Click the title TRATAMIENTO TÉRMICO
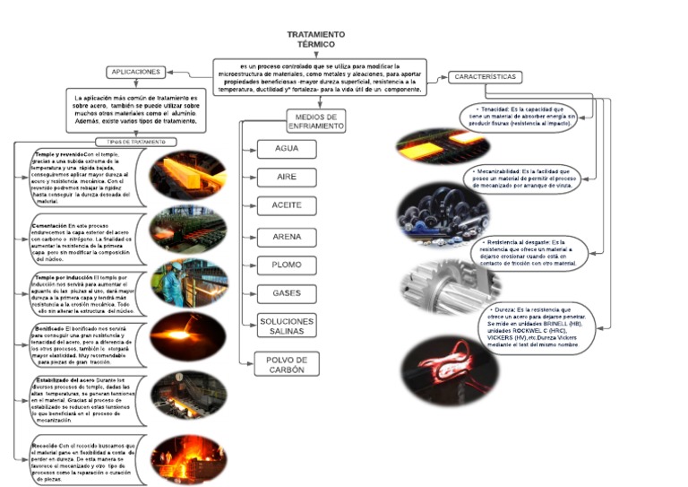314,39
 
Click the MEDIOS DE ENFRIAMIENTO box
315,122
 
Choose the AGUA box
287,149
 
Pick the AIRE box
287,178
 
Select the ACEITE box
287,206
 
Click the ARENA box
287,237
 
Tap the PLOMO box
287,265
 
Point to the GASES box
287,293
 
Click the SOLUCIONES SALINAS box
287,326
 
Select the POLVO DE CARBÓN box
287,364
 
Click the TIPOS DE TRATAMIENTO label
136,142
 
